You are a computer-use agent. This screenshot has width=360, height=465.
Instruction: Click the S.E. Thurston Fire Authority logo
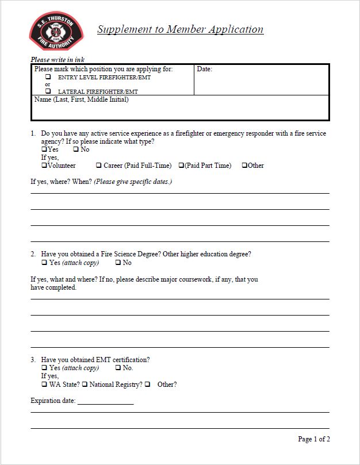point(56,32)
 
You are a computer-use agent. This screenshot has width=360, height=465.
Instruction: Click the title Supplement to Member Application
point(180,29)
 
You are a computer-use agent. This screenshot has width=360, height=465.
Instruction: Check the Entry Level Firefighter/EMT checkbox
point(48,77)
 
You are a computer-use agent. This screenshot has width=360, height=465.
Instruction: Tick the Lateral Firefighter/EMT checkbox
point(48,91)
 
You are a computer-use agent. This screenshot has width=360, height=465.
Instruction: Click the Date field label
point(204,70)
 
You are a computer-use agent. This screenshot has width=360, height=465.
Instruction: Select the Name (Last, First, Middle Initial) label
point(81,99)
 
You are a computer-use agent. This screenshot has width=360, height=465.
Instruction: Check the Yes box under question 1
point(44,149)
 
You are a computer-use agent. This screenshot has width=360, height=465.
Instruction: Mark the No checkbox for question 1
point(76,149)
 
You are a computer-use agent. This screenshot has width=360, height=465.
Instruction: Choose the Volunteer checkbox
point(44,166)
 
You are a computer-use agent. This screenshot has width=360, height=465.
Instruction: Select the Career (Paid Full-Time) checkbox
point(99,166)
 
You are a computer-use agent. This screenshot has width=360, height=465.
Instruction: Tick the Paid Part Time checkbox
point(181,166)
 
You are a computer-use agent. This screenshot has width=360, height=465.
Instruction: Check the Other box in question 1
point(244,166)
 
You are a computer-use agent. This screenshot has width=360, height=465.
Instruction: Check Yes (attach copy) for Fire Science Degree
point(44,263)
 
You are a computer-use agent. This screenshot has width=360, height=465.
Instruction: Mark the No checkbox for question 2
point(118,263)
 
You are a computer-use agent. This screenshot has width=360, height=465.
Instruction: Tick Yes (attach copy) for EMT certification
point(44,368)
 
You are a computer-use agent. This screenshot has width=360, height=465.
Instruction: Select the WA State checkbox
point(44,385)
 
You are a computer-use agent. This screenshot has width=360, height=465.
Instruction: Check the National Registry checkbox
point(85,385)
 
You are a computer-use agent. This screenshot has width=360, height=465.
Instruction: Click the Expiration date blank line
point(105,401)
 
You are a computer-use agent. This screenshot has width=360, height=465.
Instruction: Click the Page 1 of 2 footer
point(313,439)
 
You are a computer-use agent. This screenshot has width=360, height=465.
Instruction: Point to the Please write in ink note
point(58,59)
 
